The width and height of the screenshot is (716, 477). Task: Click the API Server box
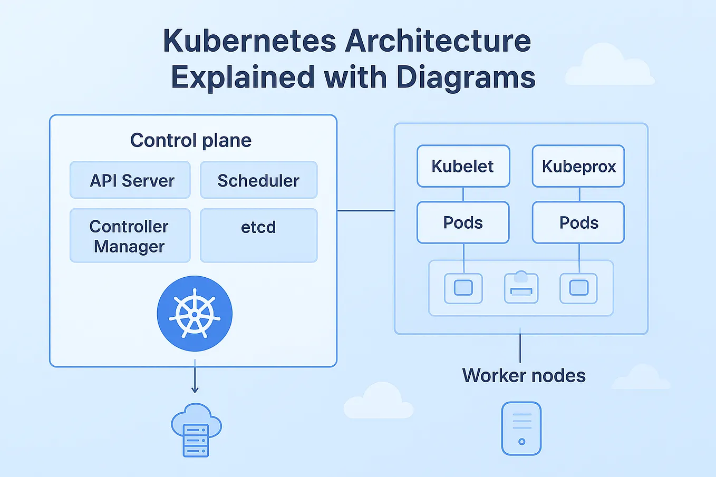tap(130, 180)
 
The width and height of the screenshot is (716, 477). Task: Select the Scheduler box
tap(258, 180)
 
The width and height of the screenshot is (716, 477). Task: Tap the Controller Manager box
tap(130, 236)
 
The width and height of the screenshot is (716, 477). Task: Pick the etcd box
tap(258, 235)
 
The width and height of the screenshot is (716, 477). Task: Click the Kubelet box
tap(463, 166)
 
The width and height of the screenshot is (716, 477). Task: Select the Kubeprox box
tap(578, 166)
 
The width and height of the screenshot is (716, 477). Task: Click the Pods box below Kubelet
tap(463, 222)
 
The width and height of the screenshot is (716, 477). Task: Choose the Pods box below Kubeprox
tap(578, 222)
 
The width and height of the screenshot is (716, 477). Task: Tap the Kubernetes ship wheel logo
tap(195, 314)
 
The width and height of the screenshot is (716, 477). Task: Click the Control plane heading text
tap(191, 140)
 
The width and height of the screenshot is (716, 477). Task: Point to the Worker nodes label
tap(524, 375)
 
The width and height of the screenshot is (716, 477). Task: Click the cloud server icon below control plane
tap(196, 430)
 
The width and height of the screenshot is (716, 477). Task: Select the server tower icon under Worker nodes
tap(521, 429)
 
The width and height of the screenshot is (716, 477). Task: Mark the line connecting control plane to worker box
tap(365, 211)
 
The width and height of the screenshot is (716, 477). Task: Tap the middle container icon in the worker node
tap(521, 288)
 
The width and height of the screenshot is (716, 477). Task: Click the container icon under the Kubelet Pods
tap(463, 288)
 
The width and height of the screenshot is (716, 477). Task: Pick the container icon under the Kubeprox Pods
tap(578, 288)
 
